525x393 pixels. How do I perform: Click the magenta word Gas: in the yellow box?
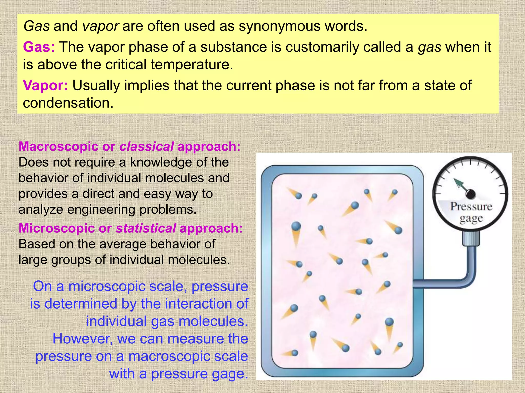39,47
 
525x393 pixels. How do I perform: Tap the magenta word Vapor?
45,85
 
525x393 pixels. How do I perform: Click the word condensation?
68,103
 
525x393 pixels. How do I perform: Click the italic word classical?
147,147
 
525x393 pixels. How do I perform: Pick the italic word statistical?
146,228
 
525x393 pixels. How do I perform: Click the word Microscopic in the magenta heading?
56,228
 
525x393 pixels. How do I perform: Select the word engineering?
102,210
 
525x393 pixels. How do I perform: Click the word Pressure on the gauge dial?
471,207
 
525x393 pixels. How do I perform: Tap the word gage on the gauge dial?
471,219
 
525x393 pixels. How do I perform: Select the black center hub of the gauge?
471,194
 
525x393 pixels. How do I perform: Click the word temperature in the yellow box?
192,64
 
